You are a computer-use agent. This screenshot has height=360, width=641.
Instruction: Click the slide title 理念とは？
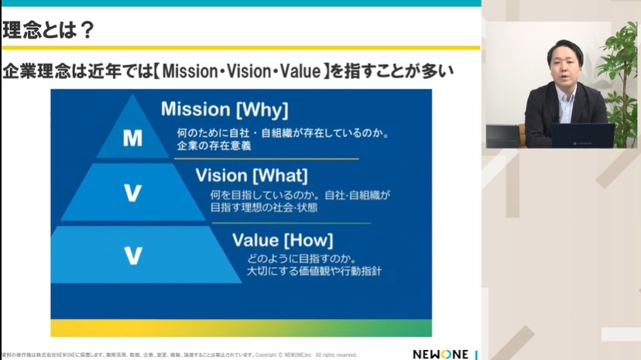click(49, 31)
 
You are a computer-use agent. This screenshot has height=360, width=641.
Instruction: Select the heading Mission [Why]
click(225, 109)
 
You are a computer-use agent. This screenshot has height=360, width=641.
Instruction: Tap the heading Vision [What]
click(252, 175)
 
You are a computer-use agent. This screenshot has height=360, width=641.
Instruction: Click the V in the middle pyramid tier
click(132, 194)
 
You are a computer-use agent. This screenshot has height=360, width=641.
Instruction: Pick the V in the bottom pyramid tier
click(132, 255)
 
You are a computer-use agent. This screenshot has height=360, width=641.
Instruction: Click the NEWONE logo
click(440, 353)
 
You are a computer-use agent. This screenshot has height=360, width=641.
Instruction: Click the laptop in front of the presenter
click(583, 135)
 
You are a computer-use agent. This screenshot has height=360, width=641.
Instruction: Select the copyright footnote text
click(178, 355)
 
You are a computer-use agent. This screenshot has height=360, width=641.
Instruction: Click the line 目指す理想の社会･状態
click(264, 207)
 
